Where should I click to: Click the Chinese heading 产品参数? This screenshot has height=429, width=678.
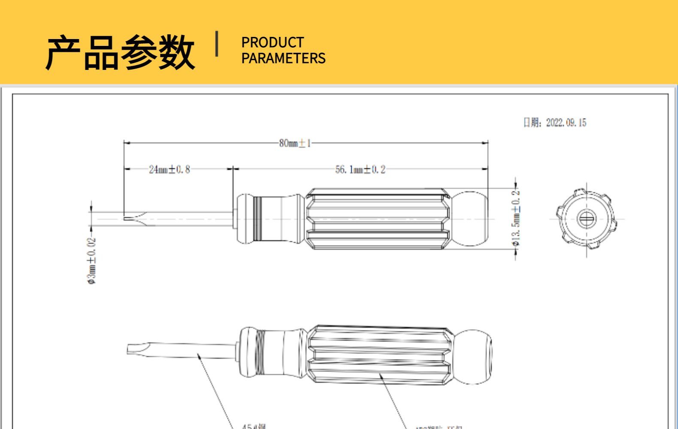click(x=120, y=52)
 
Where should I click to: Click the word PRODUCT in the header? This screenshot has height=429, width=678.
click(x=272, y=42)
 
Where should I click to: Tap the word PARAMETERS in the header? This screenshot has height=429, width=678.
click(x=283, y=58)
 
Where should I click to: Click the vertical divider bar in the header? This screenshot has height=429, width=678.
click(x=217, y=44)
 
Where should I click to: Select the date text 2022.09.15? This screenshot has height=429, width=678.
click(x=566, y=123)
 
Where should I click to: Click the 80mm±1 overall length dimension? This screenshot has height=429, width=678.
click(x=295, y=143)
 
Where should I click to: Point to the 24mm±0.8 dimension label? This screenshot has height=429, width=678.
click(x=169, y=169)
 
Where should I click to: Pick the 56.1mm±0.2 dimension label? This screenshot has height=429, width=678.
click(x=360, y=169)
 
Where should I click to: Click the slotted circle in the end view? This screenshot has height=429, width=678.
click(x=587, y=219)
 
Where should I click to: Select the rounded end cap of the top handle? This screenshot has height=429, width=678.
click(x=470, y=219)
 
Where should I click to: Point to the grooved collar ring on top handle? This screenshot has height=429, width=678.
click(x=257, y=219)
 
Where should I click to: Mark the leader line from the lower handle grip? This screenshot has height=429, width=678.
click(x=393, y=399)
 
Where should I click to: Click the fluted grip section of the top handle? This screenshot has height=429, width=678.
click(x=378, y=219)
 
